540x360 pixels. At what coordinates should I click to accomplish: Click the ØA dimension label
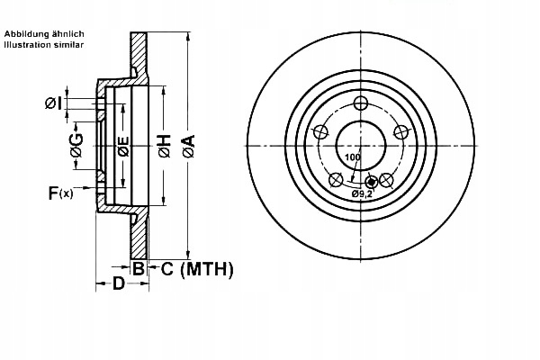188,144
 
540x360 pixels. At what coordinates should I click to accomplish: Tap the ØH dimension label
164,145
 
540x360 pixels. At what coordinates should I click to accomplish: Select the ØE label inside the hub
123,144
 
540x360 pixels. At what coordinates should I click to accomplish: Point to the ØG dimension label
78,144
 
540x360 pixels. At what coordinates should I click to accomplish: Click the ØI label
53,103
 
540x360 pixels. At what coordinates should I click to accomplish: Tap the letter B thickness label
139,268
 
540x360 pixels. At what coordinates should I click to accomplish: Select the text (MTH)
207,268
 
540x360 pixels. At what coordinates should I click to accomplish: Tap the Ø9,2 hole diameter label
363,193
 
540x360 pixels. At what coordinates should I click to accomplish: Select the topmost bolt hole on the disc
360,102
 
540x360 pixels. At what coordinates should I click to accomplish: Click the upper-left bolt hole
319,131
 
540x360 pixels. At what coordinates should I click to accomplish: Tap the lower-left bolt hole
335,179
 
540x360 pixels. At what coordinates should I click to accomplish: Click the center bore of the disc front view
360,145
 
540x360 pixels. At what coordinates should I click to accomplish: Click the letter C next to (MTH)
168,268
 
